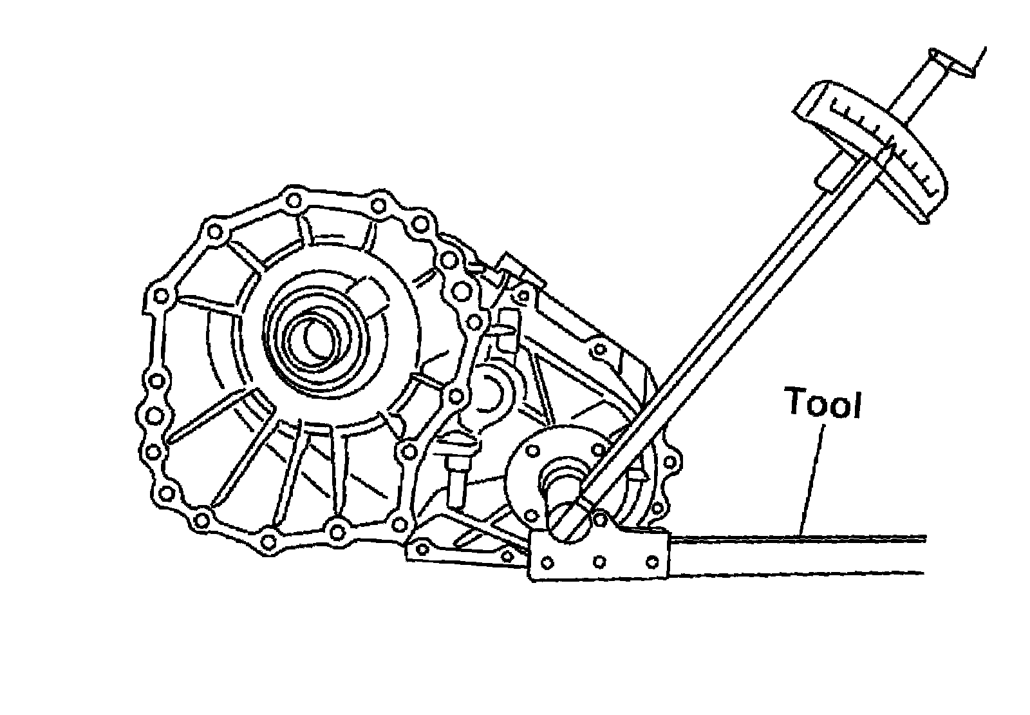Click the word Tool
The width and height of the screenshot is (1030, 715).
pyautogui.click(x=822, y=403)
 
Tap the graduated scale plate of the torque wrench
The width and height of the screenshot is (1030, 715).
pyautogui.click(x=876, y=145)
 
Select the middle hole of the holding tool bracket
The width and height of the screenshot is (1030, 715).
pyautogui.click(x=599, y=562)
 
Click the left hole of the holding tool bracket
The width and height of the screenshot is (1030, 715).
pyautogui.click(x=547, y=563)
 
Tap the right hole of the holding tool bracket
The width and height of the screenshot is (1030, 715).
pyautogui.click(x=651, y=562)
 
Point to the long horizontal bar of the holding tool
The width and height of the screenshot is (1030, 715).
pyautogui.click(x=798, y=554)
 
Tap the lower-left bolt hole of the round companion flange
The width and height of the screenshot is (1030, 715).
pyautogui.click(x=532, y=515)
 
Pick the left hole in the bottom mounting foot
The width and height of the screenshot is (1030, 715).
pyautogui.click(x=423, y=549)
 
